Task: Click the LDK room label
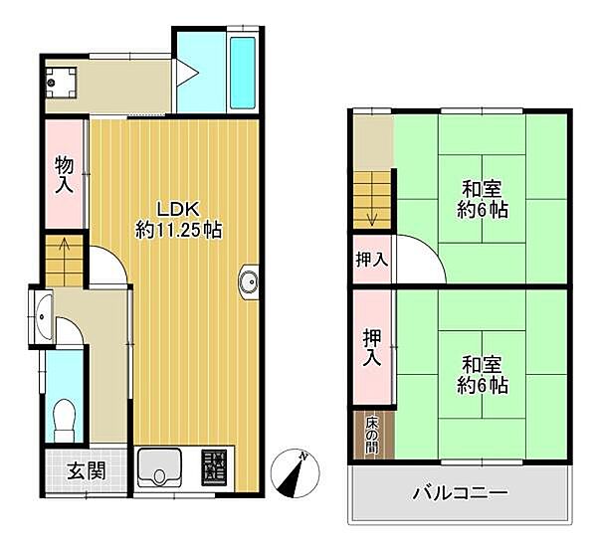pos(178,209)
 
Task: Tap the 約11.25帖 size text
pos(178,230)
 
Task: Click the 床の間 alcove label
pos(371,434)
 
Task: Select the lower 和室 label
pos(483,373)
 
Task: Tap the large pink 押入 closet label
pos(372,346)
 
